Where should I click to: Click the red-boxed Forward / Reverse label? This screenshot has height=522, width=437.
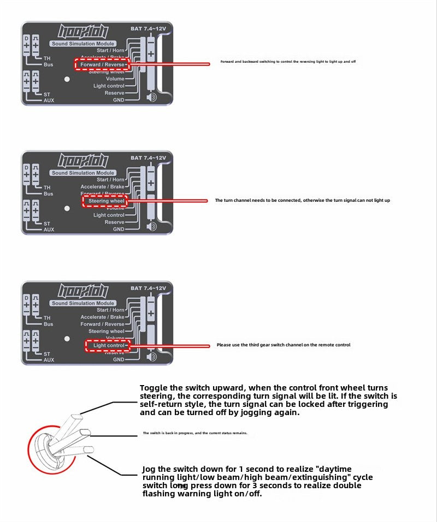[x=102, y=64]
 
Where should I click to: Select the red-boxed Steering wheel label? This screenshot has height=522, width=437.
[x=107, y=201]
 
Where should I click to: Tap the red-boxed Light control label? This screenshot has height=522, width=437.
[x=109, y=345]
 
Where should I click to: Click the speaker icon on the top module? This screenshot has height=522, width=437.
[x=151, y=98]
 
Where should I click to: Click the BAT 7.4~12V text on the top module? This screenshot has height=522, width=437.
[x=148, y=28]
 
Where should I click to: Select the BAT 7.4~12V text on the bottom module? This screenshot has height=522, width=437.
[x=148, y=288]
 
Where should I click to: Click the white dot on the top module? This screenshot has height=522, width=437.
[x=67, y=79]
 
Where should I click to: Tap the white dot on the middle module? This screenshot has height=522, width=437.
[x=67, y=208]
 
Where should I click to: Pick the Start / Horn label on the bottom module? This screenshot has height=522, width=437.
[x=110, y=310]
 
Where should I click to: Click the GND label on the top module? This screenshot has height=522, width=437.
[x=118, y=100]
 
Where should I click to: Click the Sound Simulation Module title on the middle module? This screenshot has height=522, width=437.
[x=82, y=173]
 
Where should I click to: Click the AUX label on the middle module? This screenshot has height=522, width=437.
[x=49, y=230]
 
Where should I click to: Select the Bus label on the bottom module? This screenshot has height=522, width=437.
[x=49, y=324]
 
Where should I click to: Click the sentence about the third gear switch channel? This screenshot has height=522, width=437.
[x=284, y=345]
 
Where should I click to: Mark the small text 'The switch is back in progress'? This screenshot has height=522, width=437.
[x=195, y=433]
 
